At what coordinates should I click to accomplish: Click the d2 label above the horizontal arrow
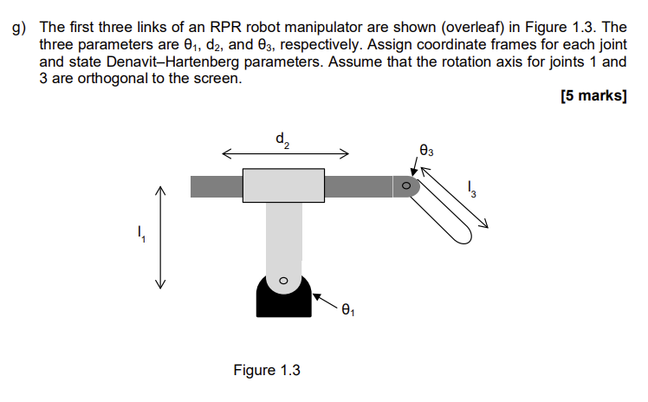click(x=282, y=139)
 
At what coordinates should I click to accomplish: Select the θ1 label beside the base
click(x=348, y=308)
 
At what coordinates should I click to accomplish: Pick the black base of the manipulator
click(x=283, y=301)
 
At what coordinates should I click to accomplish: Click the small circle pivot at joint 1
click(x=282, y=282)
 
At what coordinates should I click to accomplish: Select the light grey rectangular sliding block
click(x=283, y=185)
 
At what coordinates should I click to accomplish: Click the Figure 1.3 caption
click(x=267, y=371)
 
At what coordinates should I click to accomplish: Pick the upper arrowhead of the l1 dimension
click(x=159, y=191)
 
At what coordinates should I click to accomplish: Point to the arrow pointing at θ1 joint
click(x=325, y=299)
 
